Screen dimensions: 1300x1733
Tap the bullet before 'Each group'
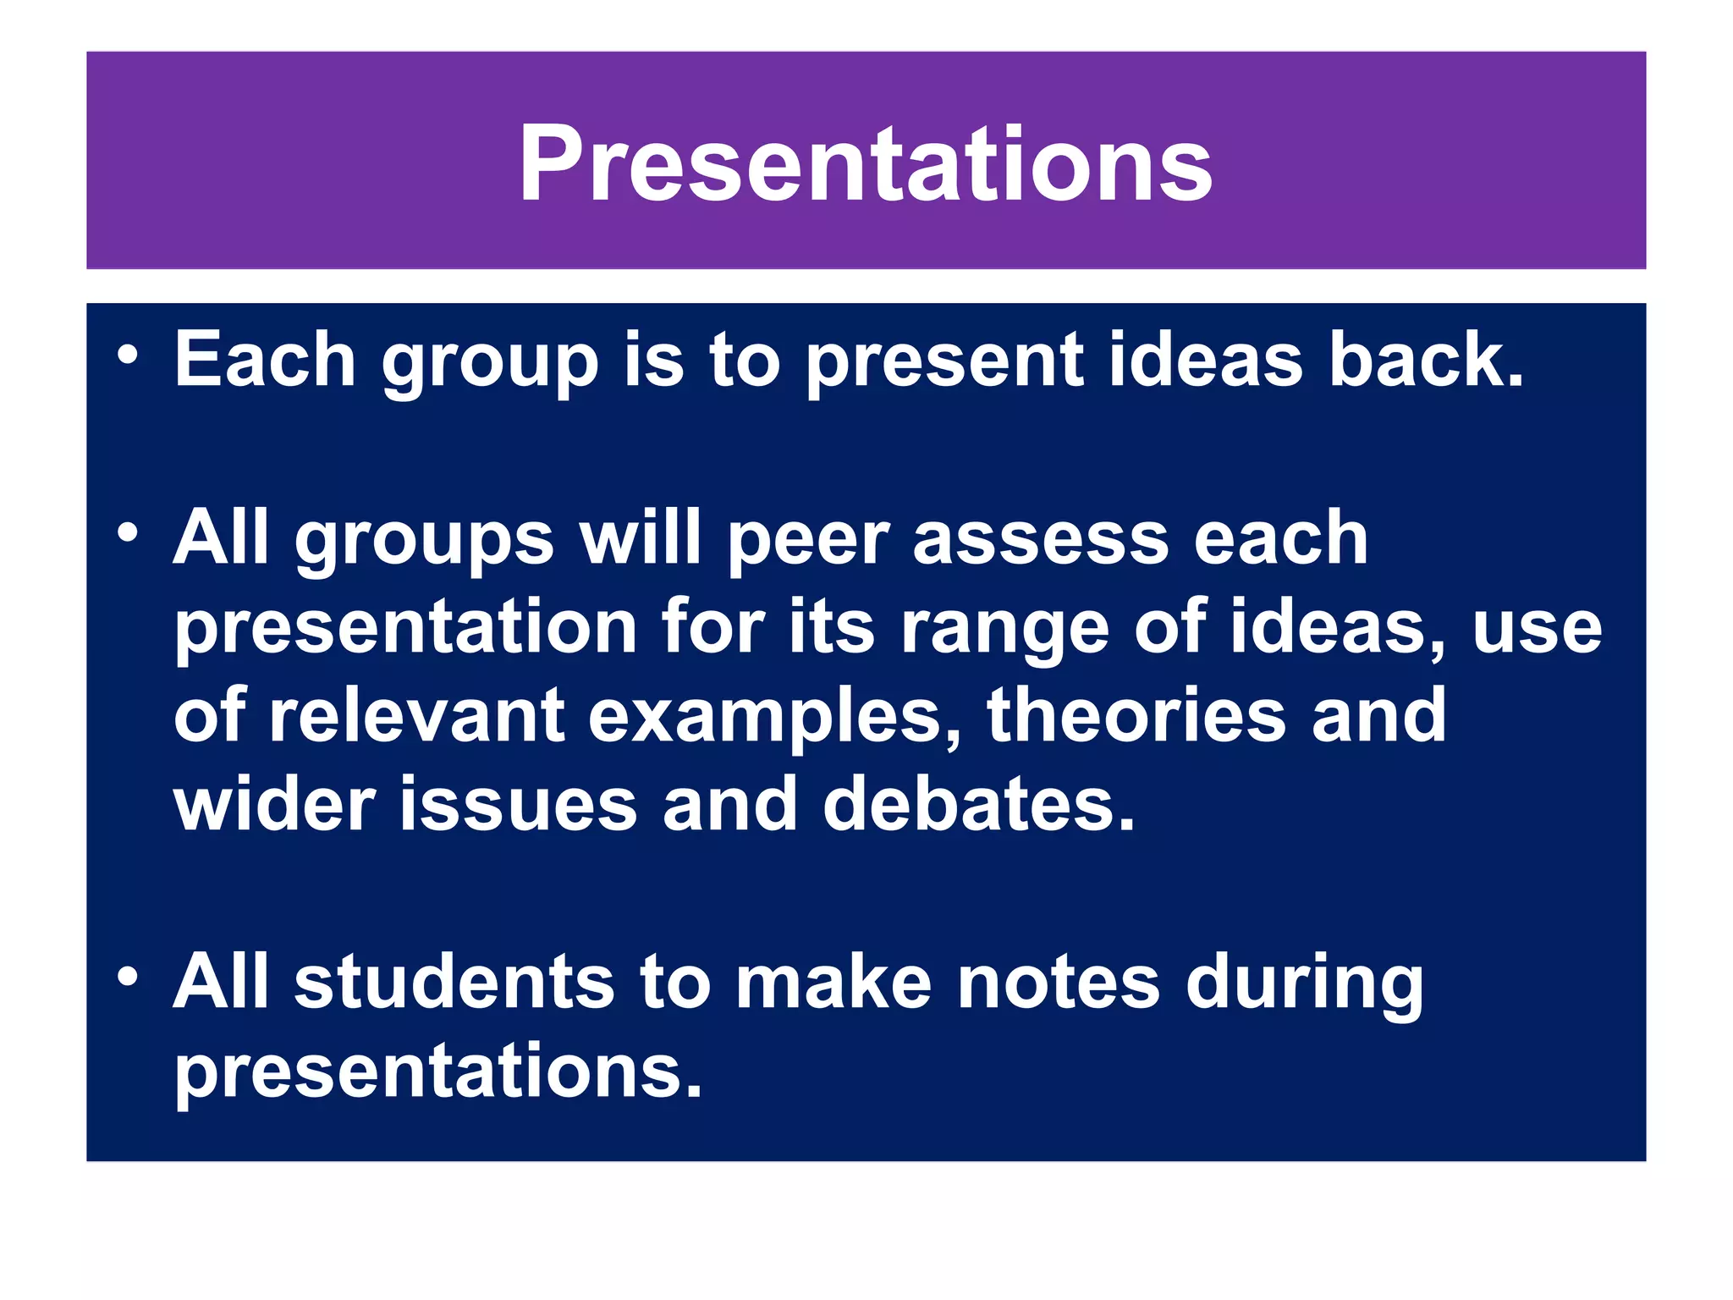coord(128,355)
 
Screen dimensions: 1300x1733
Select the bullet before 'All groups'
coord(128,533)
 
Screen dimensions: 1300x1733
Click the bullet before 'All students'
coord(128,977)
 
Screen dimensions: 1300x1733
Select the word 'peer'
coord(807,542)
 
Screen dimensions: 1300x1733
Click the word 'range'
coord(1004,631)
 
